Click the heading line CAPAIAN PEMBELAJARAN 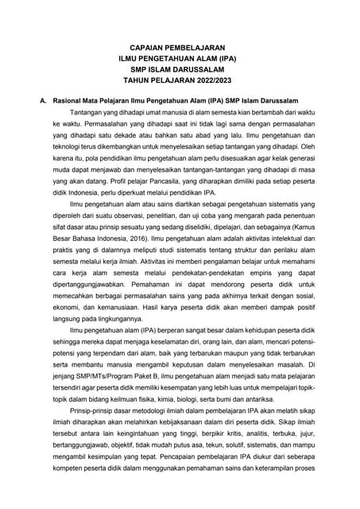180,47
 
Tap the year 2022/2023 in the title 208,80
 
